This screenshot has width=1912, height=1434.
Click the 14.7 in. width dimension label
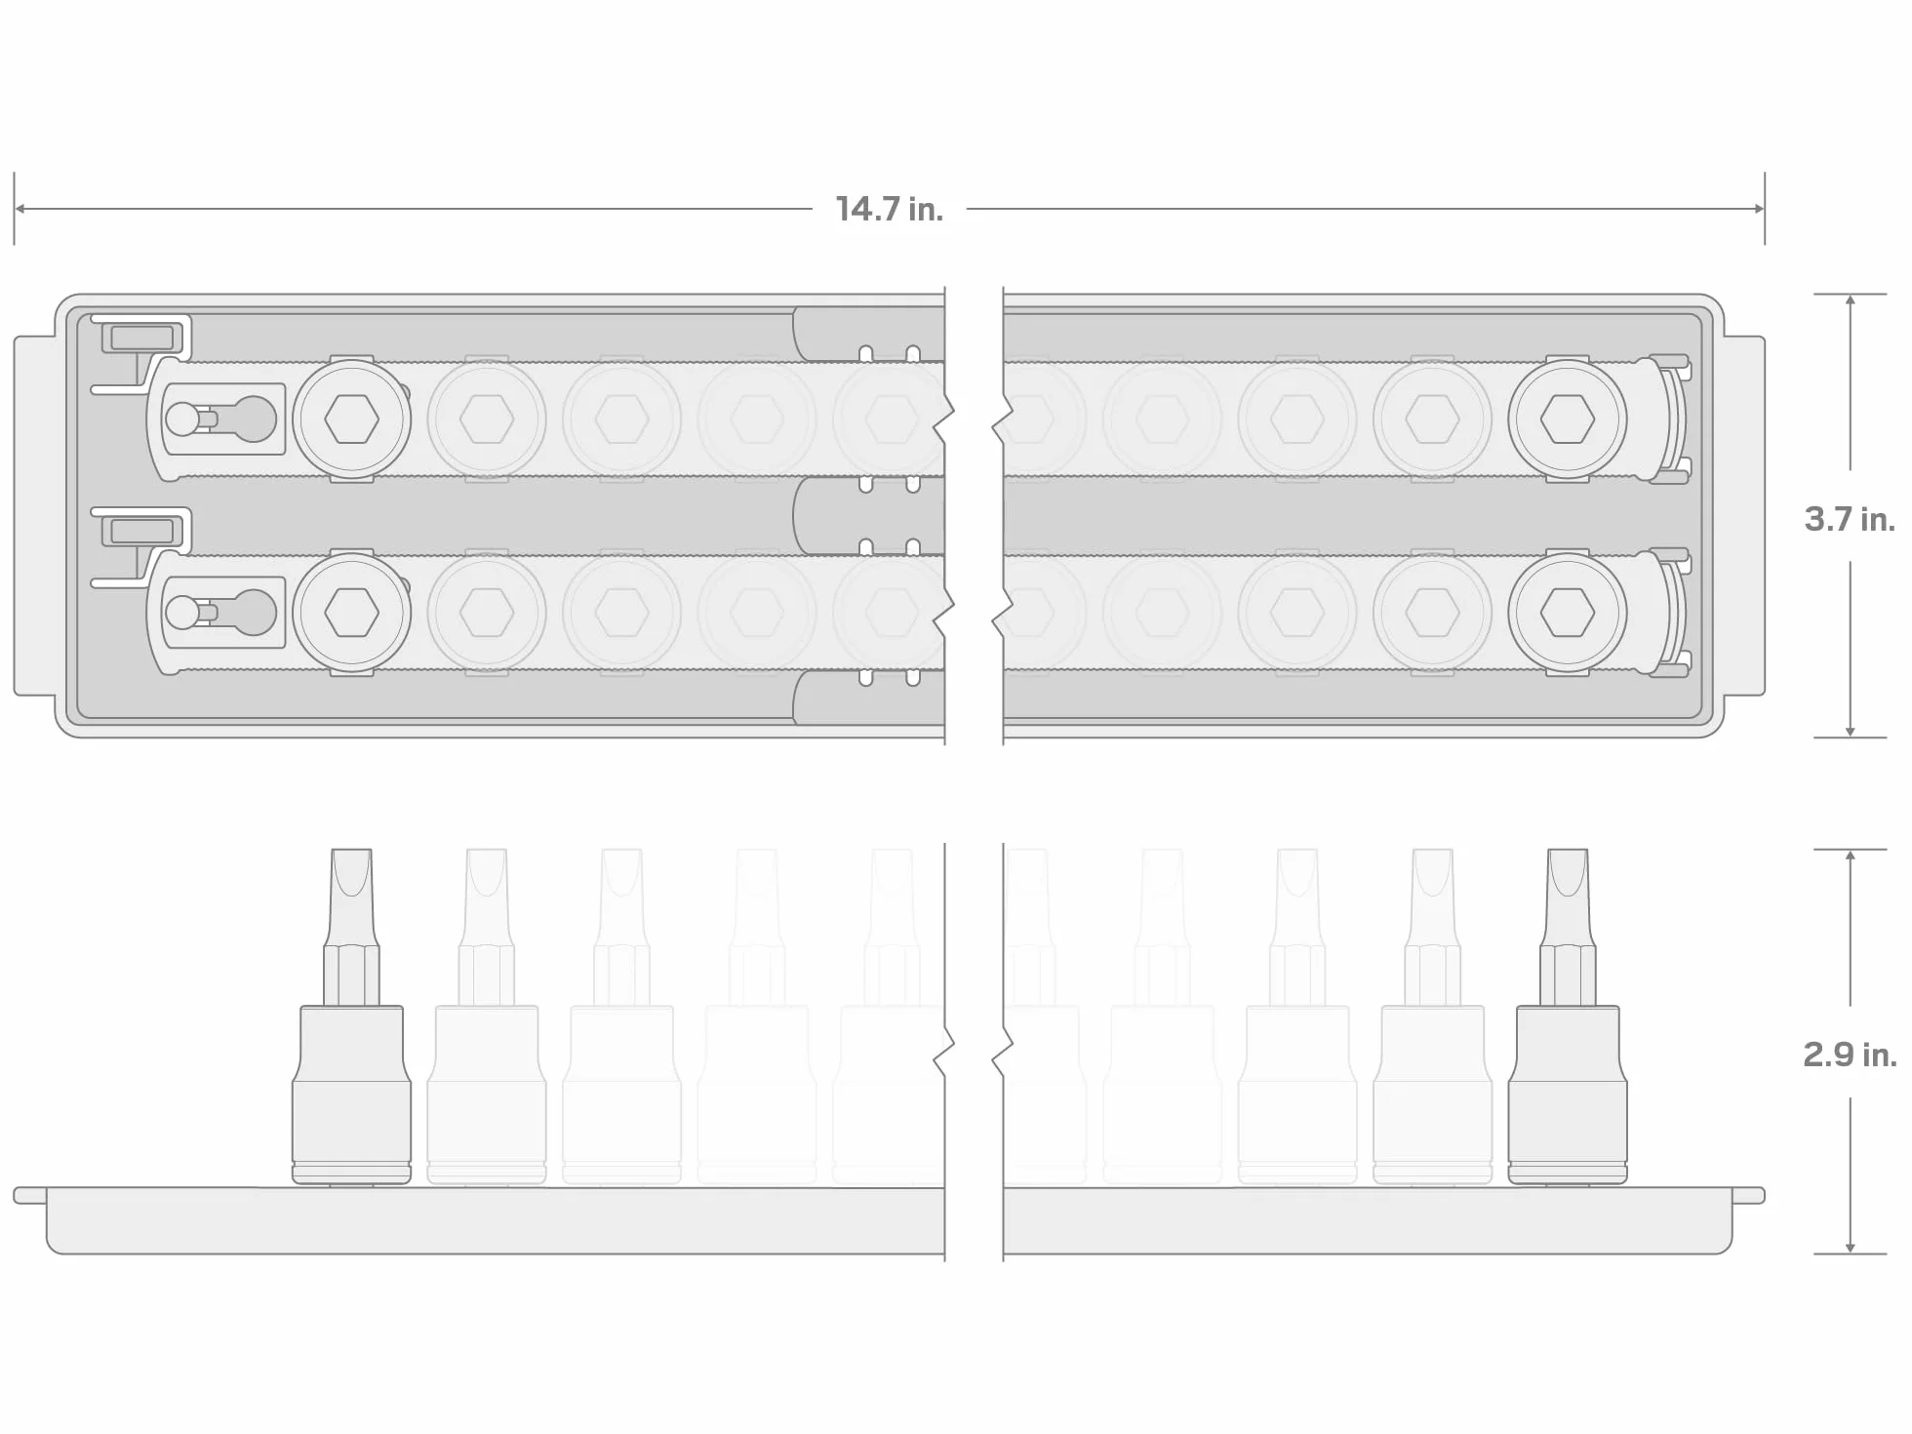point(889,209)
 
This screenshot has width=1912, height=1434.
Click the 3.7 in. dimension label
point(1850,519)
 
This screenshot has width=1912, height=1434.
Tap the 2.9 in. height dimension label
point(1850,1054)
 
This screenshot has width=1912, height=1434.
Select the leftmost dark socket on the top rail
point(351,419)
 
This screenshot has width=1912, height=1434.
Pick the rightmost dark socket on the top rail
point(1568,419)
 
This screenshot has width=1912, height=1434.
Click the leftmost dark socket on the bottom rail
point(351,613)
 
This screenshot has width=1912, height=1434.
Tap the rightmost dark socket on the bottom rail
point(1568,613)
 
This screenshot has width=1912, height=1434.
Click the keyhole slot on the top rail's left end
point(221,419)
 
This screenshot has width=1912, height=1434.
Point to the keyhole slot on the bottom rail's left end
point(221,613)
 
